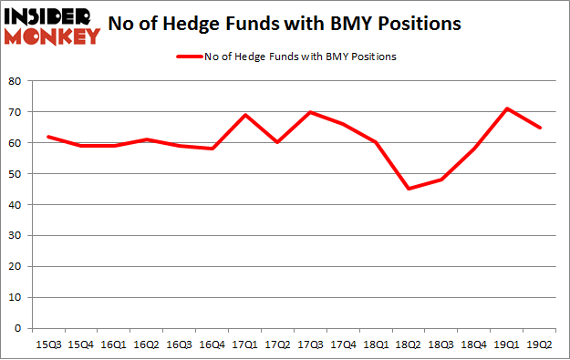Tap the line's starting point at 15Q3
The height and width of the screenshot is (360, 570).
point(47,137)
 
